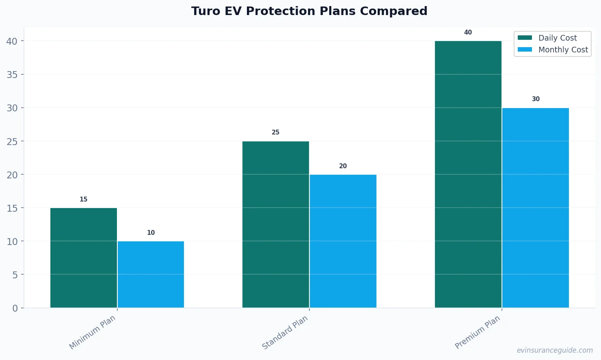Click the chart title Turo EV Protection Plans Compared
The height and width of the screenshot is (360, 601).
coord(309,11)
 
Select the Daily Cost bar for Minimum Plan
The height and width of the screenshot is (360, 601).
coord(84,258)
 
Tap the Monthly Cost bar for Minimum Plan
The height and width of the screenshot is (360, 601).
coord(151,275)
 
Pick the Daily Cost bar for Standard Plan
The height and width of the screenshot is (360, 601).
coord(276,225)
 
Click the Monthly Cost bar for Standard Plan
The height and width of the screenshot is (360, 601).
coord(343,241)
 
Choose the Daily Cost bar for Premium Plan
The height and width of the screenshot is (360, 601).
coord(468,175)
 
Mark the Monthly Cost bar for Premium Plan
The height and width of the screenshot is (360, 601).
coord(535,208)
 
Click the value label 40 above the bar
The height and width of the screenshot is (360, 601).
coord(468,33)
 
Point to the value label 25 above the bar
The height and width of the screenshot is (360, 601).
coord(276,132)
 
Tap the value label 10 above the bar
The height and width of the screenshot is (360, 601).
coord(151,233)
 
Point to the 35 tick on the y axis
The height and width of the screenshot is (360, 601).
coord(12,75)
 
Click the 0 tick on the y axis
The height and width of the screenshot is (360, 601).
coord(15,308)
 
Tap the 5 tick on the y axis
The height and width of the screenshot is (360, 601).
coord(15,275)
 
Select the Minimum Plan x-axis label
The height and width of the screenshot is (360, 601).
coord(93,332)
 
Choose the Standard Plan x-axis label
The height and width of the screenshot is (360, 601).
coord(285,332)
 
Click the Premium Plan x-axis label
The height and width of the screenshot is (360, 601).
coord(478,332)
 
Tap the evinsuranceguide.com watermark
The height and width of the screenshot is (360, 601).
coord(554,350)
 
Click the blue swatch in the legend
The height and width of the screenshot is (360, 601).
coord(525,50)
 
